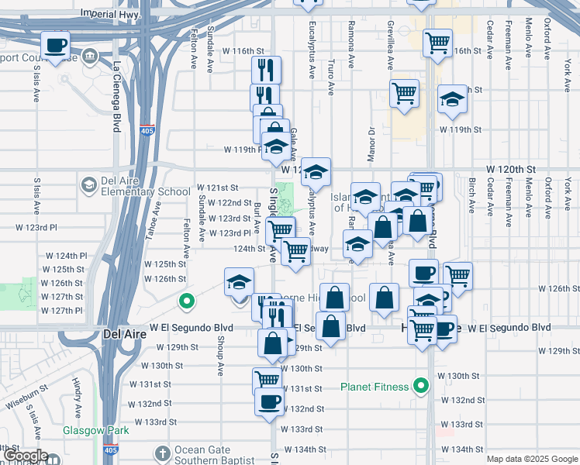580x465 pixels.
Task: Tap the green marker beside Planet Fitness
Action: tap(421, 384)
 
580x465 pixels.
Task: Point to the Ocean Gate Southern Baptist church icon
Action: tap(162, 452)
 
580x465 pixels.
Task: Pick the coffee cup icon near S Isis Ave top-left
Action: tap(55, 45)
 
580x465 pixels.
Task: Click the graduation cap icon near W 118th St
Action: tap(452, 98)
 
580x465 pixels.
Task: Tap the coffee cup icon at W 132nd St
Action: tap(269, 401)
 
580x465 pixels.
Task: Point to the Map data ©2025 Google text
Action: tap(531, 459)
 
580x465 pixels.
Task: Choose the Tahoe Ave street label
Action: tap(156, 219)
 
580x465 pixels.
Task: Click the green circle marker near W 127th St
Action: tap(186, 301)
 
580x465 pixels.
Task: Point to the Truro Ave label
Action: tap(331, 77)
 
